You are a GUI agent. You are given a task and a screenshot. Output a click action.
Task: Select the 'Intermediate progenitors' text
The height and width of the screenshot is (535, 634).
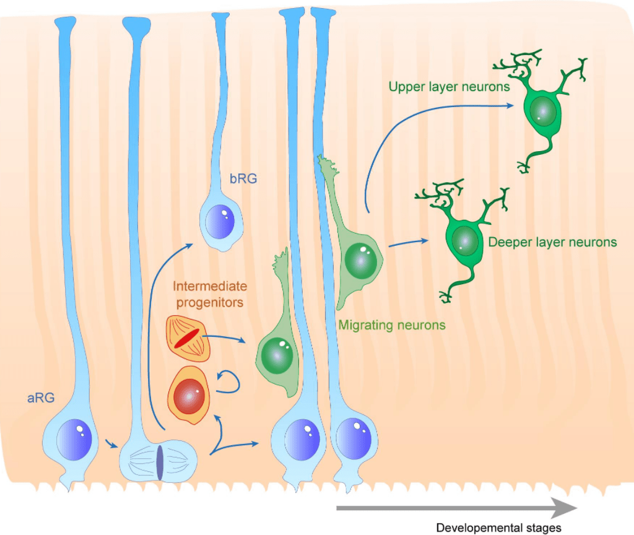(x=210, y=295)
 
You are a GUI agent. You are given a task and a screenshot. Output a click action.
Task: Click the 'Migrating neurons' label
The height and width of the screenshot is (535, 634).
(x=391, y=324)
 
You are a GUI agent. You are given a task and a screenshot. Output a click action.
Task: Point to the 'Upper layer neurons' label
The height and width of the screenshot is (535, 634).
(x=449, y=87)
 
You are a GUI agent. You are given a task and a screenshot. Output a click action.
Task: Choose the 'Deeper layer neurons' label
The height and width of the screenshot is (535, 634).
(x=552, y=241)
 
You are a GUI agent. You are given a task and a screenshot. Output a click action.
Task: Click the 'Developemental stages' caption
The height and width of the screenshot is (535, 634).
(x=498, y=528)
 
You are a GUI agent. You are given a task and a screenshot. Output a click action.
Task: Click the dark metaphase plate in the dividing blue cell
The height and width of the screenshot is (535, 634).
(x=160, y=463)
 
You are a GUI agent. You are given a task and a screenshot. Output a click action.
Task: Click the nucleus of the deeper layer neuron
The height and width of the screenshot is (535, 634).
(x=464, y=240)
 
